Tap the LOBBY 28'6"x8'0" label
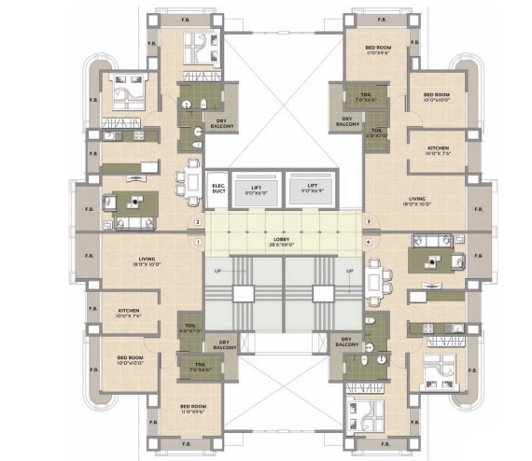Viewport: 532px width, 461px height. tap(283, 242)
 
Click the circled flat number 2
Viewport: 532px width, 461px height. tap(198, 222)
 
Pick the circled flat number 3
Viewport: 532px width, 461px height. tap(369, 222)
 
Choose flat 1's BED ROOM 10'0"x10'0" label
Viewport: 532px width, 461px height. tap(130, 358)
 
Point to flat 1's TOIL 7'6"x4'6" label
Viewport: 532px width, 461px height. tap(200, 367)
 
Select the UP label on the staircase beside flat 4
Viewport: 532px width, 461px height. tap(351, 272)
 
